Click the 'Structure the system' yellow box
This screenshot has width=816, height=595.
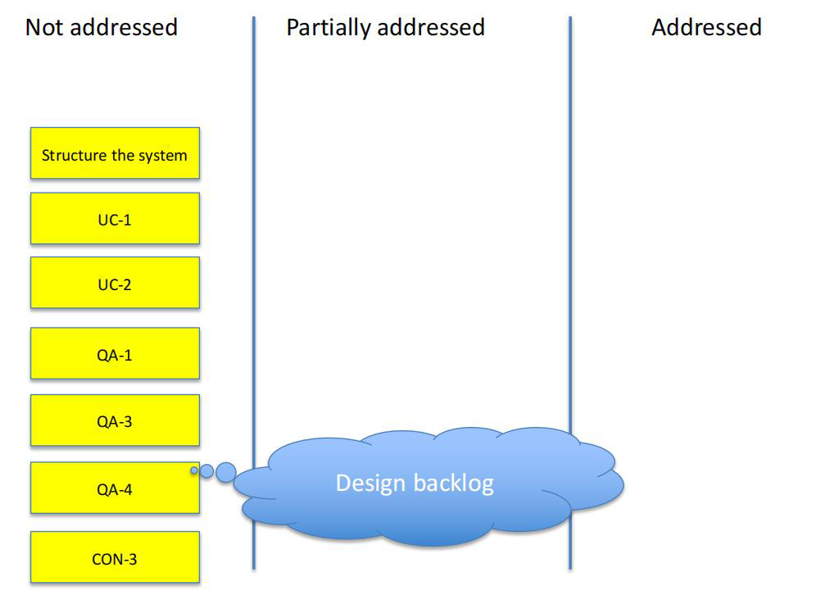[x=115, y=153]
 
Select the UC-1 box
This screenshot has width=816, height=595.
[x=115, y=219]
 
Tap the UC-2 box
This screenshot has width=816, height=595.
[x=115, y=283]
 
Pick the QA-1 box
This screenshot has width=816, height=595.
[x=115, y=353]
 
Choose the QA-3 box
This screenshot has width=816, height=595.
[x=115, y=420]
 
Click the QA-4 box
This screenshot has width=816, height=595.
[x=115, y=488]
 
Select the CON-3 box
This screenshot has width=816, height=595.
[x=115, y=557]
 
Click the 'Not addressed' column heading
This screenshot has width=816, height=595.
[x=102, y=27]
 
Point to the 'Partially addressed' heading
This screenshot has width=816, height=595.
[x=386, y=28]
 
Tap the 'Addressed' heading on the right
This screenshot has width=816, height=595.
[x=707, y=27]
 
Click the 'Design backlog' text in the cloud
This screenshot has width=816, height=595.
[x=415, y=484]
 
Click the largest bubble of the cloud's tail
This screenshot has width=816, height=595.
[x=226, y=472]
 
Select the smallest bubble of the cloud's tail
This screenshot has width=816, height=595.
[x=194, y=470]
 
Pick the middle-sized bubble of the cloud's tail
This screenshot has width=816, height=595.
[x=206, y=471]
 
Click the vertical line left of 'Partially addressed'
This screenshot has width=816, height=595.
[x=254, y=293]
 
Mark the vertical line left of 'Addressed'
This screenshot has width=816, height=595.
[x=570, y=293]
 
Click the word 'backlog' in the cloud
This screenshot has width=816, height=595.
[x=455, y=484]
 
